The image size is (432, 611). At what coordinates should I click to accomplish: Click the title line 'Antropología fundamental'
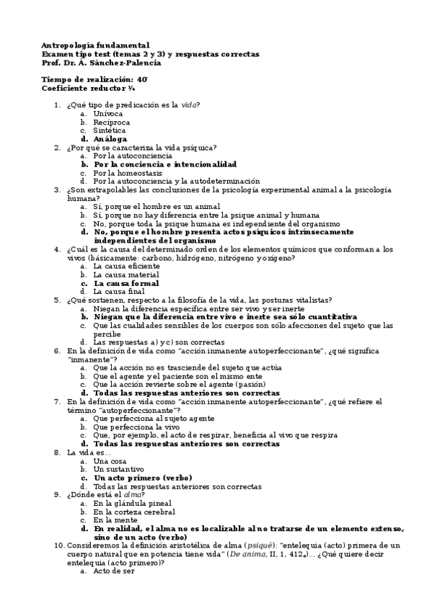point(96,45)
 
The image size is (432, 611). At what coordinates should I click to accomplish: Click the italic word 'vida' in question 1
point(189,105)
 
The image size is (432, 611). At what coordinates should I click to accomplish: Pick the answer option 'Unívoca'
point(108,114)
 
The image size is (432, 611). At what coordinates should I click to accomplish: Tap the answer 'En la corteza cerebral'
point(135,512)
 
